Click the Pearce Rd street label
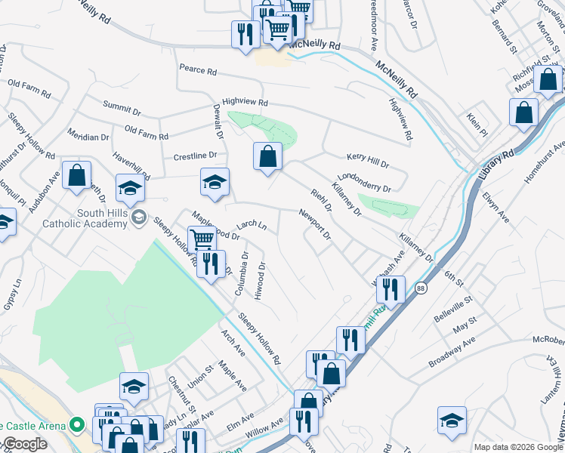198,70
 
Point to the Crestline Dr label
195,156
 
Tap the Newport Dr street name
315,224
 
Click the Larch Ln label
252,225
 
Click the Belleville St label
453,310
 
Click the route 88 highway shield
420,288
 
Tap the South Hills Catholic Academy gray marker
138,218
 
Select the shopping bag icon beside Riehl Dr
267,157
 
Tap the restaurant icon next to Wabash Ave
391,289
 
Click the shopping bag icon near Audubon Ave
76,176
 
